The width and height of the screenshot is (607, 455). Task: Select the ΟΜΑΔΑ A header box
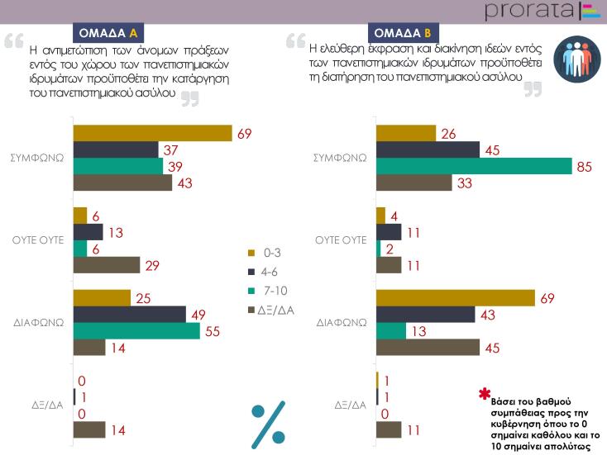[x=108, y=33]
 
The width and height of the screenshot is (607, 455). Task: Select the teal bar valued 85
[x=474, y=166]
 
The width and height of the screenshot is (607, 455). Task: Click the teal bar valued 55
[x=136, y=330]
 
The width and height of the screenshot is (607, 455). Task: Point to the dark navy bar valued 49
[x=130, y=314]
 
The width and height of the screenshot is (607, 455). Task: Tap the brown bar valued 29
[x=107, y=265]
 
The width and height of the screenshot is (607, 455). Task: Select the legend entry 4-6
[x=265, y=271]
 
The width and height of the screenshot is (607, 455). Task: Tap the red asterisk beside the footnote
[x=485, y=393]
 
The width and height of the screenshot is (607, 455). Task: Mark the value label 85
[x=584, y=166]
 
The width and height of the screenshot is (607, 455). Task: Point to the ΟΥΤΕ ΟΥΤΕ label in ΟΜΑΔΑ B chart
[x=341, y=240]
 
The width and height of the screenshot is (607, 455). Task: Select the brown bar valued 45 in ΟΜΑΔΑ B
[x=428, y=347]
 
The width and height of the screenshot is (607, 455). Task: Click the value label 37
[x=172, y=149]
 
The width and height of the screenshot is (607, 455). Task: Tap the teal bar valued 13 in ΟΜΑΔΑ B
[x=391, y=330]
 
